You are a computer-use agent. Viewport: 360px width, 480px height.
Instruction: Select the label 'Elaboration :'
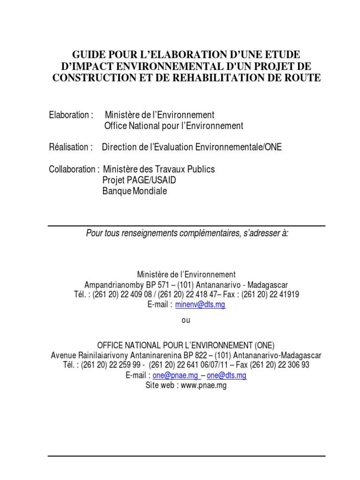click(71, 115)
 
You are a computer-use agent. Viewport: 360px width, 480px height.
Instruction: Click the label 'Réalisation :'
click(71, 147)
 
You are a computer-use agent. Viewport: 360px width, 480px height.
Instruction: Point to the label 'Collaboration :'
click(74, 169)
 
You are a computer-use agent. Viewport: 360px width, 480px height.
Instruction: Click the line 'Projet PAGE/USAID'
click(139, 180)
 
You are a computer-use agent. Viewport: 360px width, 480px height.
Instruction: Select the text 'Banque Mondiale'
click(135, 191)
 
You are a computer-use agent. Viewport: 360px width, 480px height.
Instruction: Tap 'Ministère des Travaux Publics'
click(159, 169)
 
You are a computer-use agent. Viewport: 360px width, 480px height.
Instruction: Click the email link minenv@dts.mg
click(200, 305)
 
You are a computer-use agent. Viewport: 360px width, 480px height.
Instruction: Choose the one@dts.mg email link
click(227, 375)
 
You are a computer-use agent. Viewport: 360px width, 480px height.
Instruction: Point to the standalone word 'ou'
click(186, 321)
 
